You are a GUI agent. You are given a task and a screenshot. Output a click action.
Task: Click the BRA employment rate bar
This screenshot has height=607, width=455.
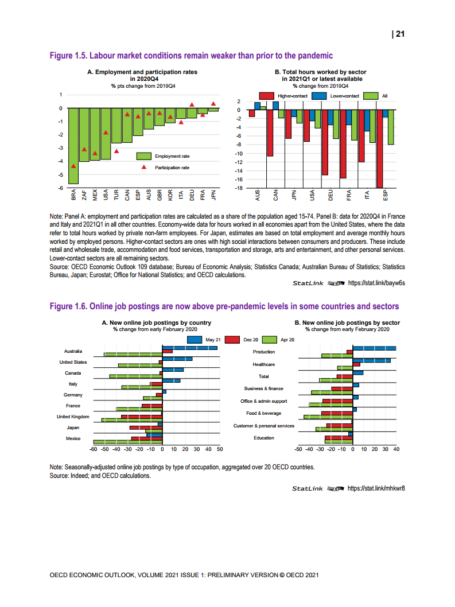pos(73,146)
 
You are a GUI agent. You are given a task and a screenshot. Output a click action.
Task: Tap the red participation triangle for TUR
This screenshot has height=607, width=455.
pos(116,151)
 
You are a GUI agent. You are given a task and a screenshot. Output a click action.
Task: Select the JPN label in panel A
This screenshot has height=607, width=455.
pos(213,195)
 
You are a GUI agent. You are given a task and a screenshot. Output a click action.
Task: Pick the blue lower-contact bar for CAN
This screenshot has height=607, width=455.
pos(275,106)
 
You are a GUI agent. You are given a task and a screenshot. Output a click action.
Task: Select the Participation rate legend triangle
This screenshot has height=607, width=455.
pos(144,168)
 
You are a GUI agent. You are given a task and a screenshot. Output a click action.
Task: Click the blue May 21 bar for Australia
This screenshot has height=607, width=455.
pos(190,348)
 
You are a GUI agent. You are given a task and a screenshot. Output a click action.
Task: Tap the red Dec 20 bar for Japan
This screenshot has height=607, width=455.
pos(146,427)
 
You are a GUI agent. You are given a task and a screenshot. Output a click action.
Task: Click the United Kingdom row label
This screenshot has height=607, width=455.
pos(73,417)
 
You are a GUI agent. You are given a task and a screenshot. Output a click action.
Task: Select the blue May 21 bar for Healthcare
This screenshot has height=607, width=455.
pos(371,360)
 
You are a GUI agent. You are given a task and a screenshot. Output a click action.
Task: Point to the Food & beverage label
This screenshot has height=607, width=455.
pos(263,414)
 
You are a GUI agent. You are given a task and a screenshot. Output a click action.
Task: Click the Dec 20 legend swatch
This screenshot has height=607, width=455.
pos(232,340)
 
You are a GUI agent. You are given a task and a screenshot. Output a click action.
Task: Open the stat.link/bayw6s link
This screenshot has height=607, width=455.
pos(376,283)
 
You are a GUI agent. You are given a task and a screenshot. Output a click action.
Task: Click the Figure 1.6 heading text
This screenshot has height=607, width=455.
pos(224,306)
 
